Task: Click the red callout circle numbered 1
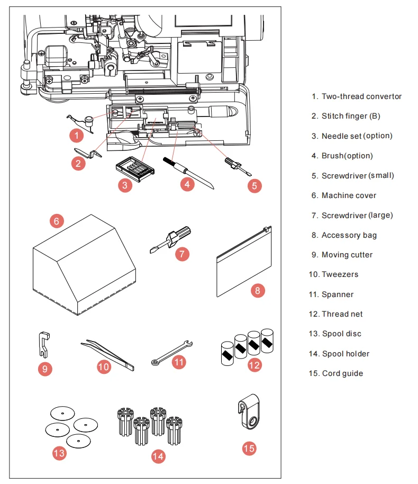(x=77, y=136)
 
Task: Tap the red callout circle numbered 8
(x=258, y=291)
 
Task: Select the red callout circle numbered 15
(x=249, y=448)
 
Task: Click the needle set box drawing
(x=135, y=168)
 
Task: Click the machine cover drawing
(x=84, y=265)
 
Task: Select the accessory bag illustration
(x=244, y=262)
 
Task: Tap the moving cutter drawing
(x=44, y=345)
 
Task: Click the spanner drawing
(x=172, y=353)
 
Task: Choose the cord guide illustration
(x=249, y=412)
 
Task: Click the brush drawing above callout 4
(x=188, y=173)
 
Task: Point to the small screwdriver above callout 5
(x=238, y=167)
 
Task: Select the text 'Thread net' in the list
(x=342, y=314)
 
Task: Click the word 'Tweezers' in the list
(x=340, y=274)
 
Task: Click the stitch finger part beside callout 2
(x=88, y=153)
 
